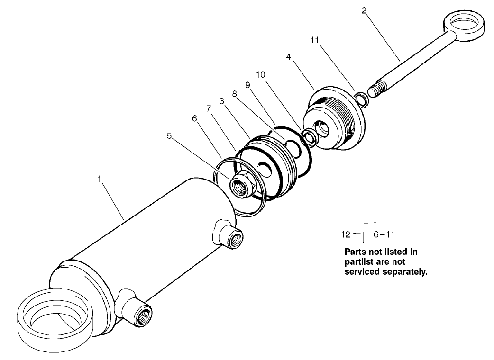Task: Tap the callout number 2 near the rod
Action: tap(364, 10)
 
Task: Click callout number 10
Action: tap(260, 75)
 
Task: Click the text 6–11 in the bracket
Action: tap(384, 234)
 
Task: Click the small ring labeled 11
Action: tap(361, 99)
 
